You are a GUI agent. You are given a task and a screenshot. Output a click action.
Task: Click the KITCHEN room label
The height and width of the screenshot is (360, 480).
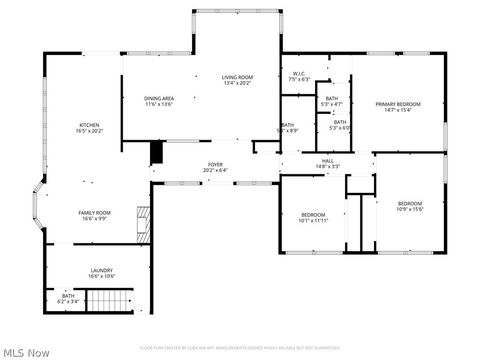(x=90, y=125)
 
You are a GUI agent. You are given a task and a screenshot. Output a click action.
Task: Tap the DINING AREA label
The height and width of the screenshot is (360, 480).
(x=160, y=98)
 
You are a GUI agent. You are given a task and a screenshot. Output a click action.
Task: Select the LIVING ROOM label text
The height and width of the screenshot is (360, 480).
(x=237, y=77)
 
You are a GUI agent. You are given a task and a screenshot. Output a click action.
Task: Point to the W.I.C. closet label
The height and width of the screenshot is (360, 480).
(x=300, y=74)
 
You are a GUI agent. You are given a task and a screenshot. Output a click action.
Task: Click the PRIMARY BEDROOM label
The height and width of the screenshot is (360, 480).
(x=398, y=104)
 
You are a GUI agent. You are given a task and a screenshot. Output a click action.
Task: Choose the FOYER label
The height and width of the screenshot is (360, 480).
(x=215, y=165)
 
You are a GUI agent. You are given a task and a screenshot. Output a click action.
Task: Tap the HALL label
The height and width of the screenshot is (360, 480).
(x=327, y=160)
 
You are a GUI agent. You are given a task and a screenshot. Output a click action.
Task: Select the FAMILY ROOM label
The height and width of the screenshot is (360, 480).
(x=95, y=212)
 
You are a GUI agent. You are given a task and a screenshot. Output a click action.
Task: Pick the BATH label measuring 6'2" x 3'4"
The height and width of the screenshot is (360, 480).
(x=68, y=295)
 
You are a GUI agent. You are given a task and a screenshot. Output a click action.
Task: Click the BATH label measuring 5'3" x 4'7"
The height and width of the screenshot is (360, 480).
(x=331, y=98)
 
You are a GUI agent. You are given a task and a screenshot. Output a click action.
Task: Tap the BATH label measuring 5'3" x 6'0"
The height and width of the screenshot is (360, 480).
(x=340, y=122)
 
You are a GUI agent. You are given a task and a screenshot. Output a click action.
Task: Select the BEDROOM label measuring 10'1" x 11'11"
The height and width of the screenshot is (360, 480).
(x=313, y=215)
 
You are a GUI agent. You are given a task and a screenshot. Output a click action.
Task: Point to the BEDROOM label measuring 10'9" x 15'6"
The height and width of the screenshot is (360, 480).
(x=410, y=204)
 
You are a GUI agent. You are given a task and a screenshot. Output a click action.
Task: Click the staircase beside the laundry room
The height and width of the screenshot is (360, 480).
(x=110, y=301)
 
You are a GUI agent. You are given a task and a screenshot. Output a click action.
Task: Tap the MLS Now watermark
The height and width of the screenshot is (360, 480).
(x=27, y=351)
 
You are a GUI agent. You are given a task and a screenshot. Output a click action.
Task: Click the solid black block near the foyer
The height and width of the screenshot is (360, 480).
(x=156, y=152)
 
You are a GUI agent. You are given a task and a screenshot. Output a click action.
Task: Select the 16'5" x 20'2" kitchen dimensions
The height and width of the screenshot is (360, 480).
(x=90, y=131)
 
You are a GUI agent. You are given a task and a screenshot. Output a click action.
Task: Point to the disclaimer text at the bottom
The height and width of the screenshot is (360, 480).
(x=240, y=347)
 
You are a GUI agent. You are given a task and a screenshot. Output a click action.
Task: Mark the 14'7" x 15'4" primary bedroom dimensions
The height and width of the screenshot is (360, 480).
(x=398, y=110)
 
